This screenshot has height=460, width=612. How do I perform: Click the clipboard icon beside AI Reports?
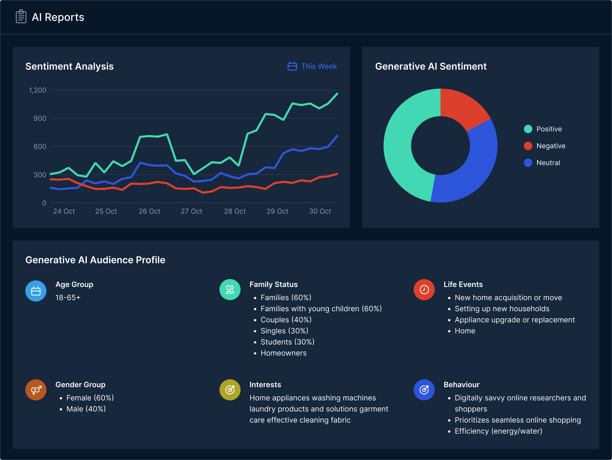21,17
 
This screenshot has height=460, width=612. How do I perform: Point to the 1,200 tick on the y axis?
38,90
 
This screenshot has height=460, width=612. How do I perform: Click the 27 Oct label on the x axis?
192,211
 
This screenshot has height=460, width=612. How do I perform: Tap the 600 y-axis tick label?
40,147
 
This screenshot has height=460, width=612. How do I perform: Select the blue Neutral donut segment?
470,171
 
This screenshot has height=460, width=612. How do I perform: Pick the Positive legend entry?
543,129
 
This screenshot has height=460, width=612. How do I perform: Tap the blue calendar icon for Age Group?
36,291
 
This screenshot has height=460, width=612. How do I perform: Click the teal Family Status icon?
230,290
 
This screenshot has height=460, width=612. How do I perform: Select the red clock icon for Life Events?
424,290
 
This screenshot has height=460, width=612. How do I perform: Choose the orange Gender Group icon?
36,390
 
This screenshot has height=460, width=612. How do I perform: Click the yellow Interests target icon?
230,390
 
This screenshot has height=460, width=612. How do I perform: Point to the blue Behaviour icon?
424,390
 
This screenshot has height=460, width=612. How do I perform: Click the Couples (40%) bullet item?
286,320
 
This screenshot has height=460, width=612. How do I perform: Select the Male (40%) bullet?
86,409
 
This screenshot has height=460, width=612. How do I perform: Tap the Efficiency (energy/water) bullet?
498,431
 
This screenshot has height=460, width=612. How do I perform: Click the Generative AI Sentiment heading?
431,66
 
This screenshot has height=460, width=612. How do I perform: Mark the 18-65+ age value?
68,298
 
